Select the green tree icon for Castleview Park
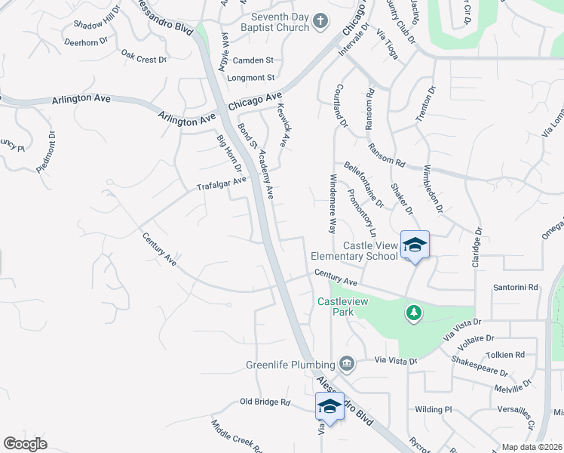coord(413,312)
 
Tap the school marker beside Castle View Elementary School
coord(415,245)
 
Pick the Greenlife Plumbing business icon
coord(346,364)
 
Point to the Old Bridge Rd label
coord(265,402)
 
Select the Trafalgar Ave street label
coord(222,183)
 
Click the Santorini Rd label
coord(516,288)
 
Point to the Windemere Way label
coord(333,203)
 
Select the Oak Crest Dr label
coord(143,58)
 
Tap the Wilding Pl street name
coord(433,410)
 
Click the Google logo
coord(26,443)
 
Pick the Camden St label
coord(253,60)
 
